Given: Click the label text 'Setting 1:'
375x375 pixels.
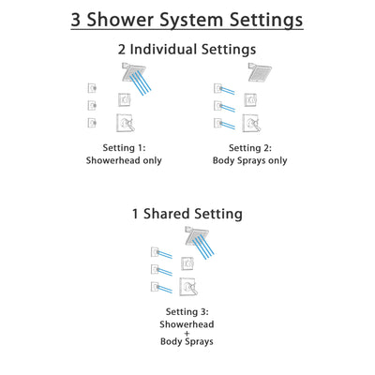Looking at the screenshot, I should pos(126,147).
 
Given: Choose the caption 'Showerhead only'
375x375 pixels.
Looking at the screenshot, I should pos(126,160).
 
